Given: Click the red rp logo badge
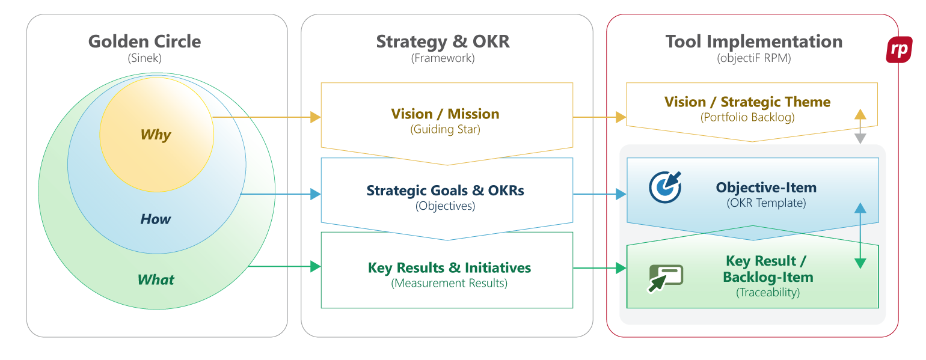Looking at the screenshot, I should coord(899,50).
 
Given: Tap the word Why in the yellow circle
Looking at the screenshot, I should coord(156,135).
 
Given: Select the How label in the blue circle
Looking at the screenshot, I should coord(156,219).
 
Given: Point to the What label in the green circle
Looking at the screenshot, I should coord(156,279).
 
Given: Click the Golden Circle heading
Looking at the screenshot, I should coord(144,41).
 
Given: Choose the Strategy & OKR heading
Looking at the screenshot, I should coord(443,41).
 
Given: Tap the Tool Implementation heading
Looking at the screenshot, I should coord(753,41).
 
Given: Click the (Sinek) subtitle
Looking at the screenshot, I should coord(144,59).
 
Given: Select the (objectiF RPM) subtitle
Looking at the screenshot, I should coord(753,59).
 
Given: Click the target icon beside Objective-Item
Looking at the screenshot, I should coord(665,187).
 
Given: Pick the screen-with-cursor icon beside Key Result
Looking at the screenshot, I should coord(665,278).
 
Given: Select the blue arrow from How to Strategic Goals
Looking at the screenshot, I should coord(280,194).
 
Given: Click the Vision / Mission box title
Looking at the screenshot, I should coord(445,114).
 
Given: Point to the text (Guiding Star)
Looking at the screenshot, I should coord(445,129).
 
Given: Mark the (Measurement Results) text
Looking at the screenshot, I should coord(449,283).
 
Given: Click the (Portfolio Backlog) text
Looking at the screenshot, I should coord(747,117).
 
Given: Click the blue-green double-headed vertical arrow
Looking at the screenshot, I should coord(860,236).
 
